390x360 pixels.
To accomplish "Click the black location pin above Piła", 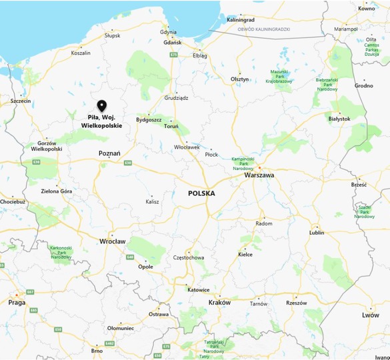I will click(101, 105).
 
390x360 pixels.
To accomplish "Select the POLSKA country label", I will click(201, 193).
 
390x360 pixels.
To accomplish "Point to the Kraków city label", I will click(219, 302).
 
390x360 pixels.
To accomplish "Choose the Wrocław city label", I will click(112, 241).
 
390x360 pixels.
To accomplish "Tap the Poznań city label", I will click(109, 153).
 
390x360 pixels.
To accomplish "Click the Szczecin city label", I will click(21, 101).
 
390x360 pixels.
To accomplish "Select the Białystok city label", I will click(339, 119).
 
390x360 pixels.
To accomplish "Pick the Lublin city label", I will click(317, 233).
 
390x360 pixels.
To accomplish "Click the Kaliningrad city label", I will click(241, 20).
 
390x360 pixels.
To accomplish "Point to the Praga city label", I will click(17, 302).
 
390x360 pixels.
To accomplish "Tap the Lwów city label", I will click(370, 315).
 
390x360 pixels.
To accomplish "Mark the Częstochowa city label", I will click(188, 257).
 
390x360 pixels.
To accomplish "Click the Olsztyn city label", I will click(239, 79).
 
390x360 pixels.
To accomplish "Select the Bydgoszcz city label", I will click(149, 120).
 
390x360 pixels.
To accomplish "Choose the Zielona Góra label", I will click(56, 191).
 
